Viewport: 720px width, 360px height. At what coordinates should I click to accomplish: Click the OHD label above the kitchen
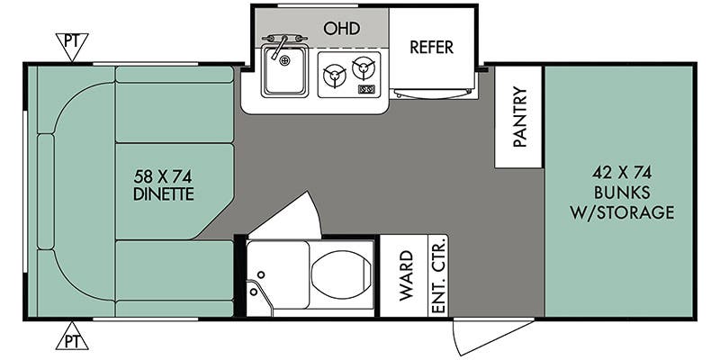coord(341,29)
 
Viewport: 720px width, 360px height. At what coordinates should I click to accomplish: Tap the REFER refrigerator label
coord(432,47)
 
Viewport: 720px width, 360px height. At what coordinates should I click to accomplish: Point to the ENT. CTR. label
coord(438,276)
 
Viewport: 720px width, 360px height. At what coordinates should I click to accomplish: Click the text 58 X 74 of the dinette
coord(163,176)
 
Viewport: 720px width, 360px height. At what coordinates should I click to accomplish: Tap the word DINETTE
coord(163,193)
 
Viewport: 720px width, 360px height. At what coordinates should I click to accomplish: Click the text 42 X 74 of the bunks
coord(621,172)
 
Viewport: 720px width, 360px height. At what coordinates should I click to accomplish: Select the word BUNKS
coord(621,192)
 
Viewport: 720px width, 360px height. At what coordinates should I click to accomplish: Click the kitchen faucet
coord(279,45)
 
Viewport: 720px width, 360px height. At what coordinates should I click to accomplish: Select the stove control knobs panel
coord(366,90)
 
